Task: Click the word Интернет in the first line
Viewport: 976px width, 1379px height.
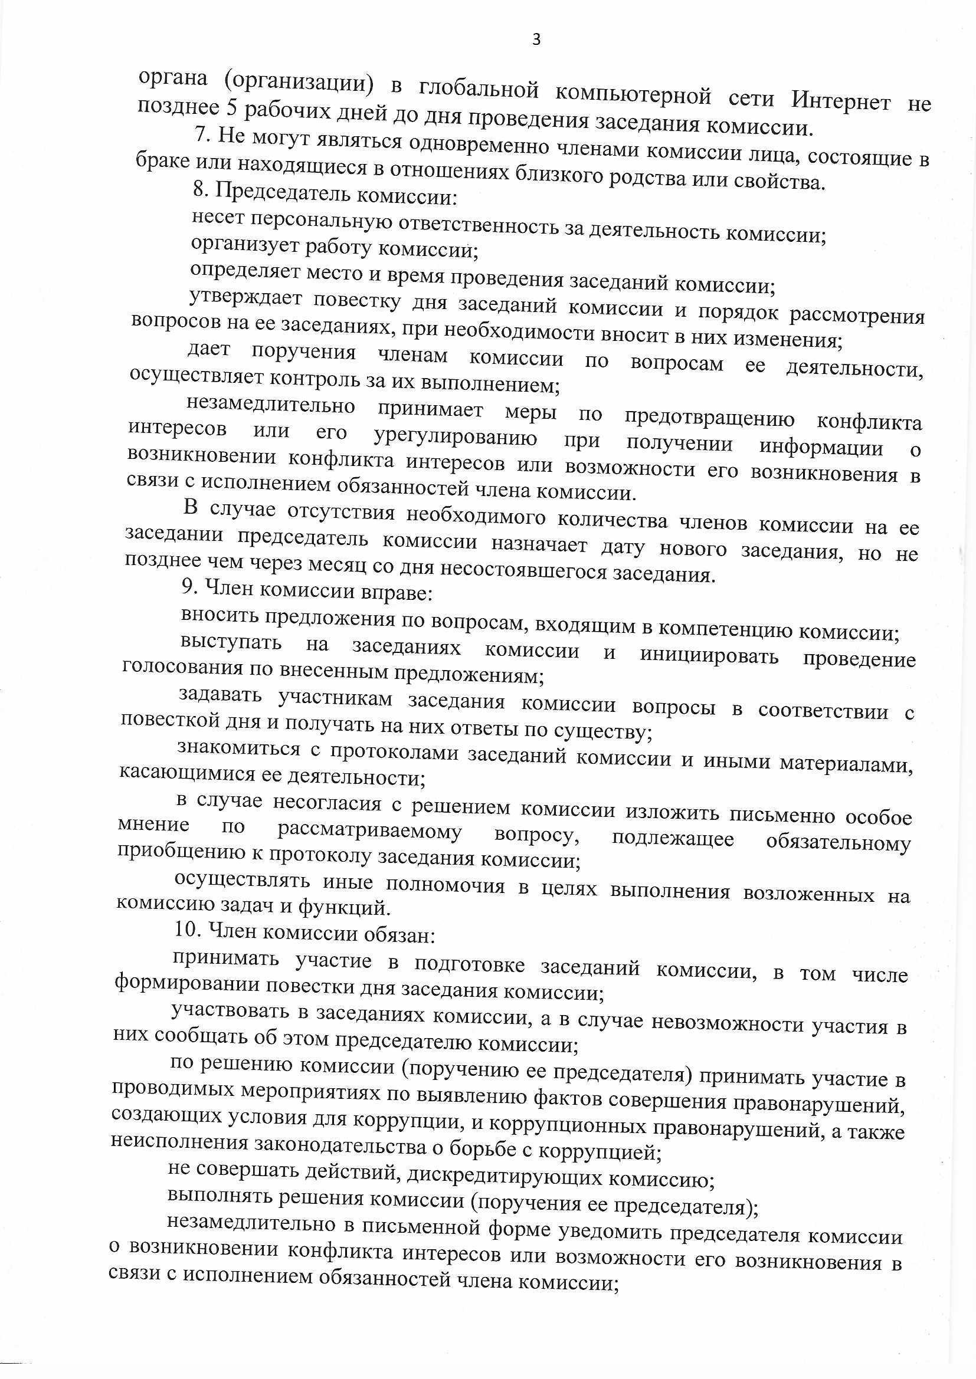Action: click(840, 100)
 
